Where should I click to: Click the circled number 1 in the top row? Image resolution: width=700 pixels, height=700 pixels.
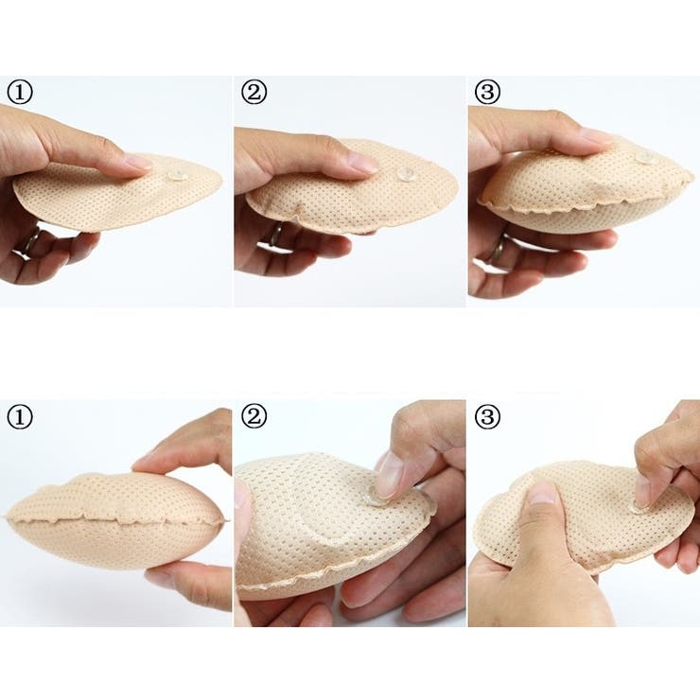[x=20, y=93]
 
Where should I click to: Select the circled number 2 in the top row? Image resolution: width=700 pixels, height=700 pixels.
[x=254, y=93]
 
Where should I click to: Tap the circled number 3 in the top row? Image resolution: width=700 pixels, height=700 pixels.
[x=487, y=93]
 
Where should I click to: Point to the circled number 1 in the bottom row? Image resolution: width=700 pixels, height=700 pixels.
[x=20, y=417]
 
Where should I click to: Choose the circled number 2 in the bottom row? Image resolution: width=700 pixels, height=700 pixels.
[x=254, y=417]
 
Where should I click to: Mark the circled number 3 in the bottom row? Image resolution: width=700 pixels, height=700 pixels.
[x=487, y=417]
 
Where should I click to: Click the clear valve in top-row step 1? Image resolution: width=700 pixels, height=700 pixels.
[x=177, y=175]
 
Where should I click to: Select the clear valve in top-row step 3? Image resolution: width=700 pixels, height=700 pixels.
[x=646, y=157]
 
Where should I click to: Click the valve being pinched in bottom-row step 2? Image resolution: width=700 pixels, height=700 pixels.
[x=375, y=498]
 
